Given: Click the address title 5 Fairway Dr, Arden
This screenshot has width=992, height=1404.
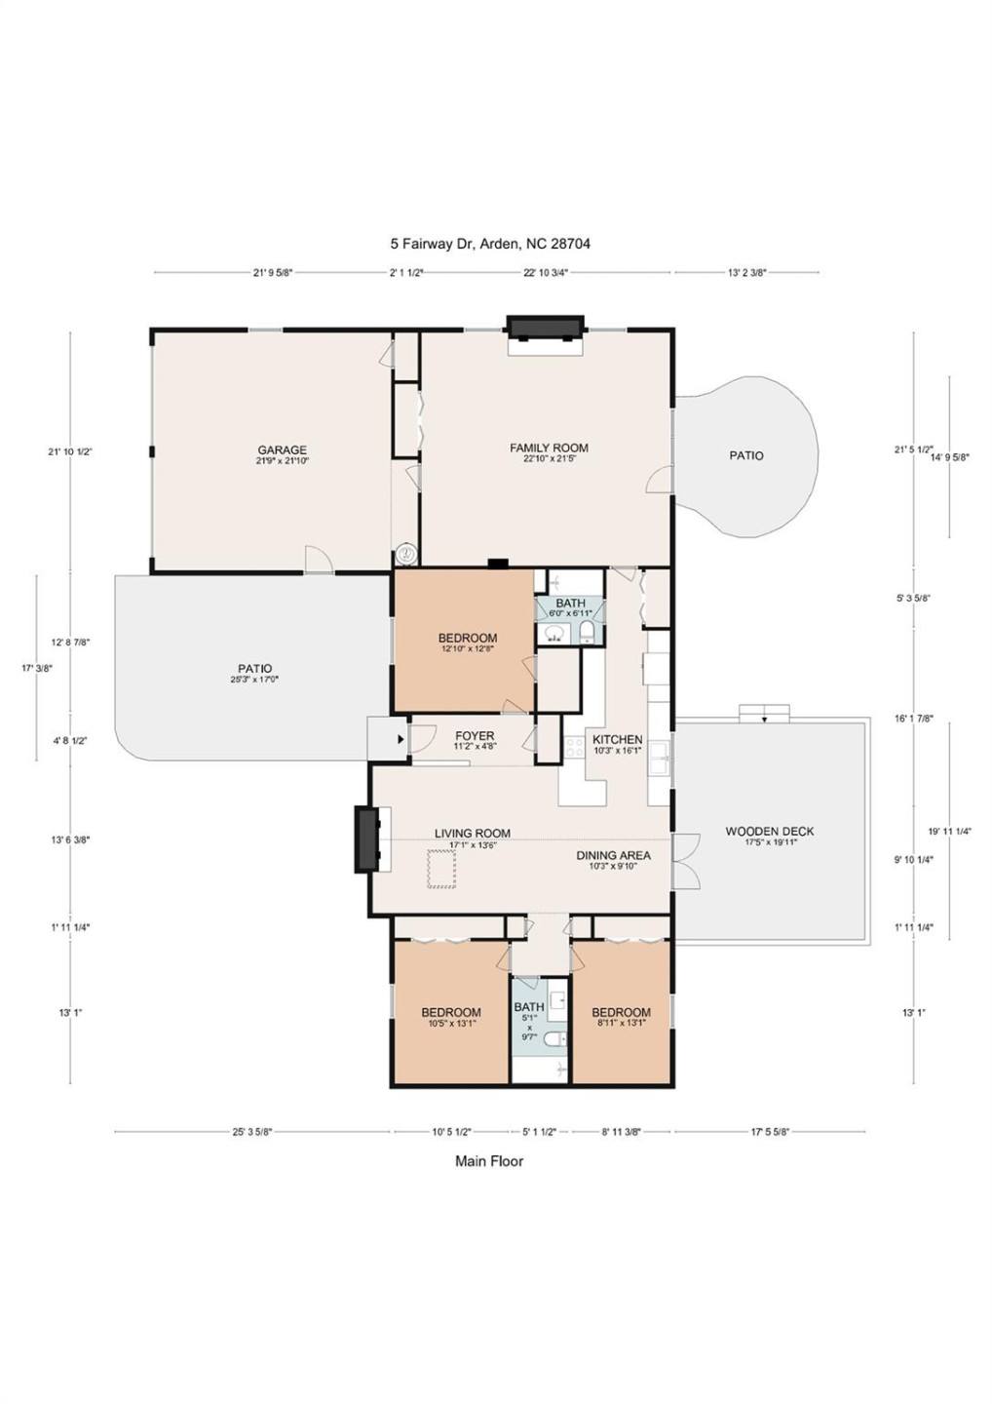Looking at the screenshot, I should point(490,244).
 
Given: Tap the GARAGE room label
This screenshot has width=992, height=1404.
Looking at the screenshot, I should point(282,450).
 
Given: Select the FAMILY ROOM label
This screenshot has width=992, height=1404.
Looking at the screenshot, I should point(549,448).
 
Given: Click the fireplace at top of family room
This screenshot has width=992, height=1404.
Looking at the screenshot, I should point(545,328).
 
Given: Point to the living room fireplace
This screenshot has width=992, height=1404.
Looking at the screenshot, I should point(366,838).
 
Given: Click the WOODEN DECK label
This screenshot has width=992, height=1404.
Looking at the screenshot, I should point(769,832).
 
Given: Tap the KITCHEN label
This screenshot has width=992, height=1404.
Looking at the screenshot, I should point(617,740).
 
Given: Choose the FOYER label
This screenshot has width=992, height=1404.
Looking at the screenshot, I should point(475,736).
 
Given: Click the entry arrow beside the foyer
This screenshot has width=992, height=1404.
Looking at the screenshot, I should point(401,739).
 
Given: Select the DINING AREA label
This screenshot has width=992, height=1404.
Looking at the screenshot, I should point(613,856).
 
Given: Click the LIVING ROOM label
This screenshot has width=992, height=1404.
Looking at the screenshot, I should point(473,834).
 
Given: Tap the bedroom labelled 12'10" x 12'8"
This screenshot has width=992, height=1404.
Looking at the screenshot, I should point(468,639).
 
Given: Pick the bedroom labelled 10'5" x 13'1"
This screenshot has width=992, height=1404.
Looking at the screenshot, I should point(451,1013).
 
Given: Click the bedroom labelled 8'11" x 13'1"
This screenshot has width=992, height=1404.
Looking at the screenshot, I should point(621,1013).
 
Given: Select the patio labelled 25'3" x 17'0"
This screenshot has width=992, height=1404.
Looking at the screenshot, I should point(255,670).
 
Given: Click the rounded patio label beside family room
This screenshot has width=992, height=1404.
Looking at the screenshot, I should point(746,455).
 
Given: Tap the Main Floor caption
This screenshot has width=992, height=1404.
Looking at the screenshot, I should point(489,1161).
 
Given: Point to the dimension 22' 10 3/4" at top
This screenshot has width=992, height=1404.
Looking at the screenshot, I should point(546,273).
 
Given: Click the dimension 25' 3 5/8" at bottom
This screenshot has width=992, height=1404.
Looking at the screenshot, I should point(251,1132).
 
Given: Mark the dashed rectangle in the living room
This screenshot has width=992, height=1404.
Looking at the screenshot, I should point(441,869).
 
